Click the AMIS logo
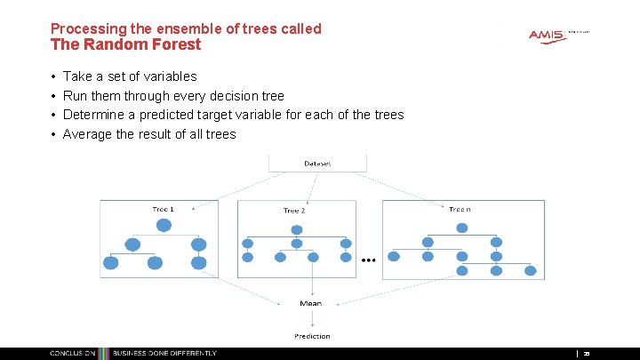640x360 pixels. [547, 36]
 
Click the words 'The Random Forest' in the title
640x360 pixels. [126, 44]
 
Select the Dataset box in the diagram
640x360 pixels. [317, 164]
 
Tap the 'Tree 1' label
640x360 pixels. [163, 210]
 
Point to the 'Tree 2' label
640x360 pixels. [294, 211]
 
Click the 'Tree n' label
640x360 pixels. [459, 210]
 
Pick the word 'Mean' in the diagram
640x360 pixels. [311, 304]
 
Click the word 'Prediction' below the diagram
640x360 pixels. [312, 336]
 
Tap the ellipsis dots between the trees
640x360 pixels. [368, 260]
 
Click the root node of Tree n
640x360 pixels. [461, 228]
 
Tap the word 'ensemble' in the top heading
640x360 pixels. [180, 28]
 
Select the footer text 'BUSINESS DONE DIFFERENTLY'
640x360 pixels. [165, 354]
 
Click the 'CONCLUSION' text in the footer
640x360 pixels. [73, 354]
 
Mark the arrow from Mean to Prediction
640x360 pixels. [311, 318]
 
